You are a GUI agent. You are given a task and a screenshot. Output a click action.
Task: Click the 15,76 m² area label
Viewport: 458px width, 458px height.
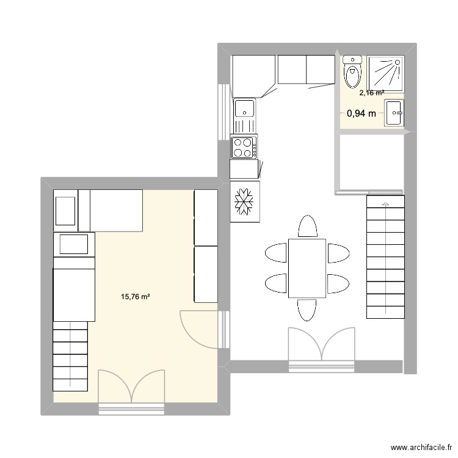point(136,297)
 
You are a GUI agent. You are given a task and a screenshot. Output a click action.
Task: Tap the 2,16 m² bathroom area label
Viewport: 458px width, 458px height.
point(371,93)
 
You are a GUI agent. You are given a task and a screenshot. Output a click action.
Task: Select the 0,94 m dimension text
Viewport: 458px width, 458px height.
point(361,113)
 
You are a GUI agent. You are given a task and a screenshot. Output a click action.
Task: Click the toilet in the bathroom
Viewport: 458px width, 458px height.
point(352,73)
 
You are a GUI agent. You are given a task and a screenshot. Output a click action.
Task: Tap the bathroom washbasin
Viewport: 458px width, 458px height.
point(393,114)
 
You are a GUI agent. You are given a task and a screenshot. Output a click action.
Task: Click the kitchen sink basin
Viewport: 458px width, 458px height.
point(245,109)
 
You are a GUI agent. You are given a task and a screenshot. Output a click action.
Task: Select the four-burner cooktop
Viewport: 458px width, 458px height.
point(244,147)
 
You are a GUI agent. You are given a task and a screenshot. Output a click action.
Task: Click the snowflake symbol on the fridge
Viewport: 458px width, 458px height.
point(244,201)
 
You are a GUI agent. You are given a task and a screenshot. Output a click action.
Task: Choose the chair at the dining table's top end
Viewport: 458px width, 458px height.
point(307,227)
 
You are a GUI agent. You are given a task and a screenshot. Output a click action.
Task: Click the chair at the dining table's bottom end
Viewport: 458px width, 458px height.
point(307,310)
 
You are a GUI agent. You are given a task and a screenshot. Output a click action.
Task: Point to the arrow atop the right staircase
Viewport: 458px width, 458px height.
point(385,203)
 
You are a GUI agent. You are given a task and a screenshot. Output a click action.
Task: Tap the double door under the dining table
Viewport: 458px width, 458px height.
point(322,348)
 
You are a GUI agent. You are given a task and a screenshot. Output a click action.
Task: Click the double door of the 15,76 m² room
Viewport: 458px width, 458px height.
point(131,389)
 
